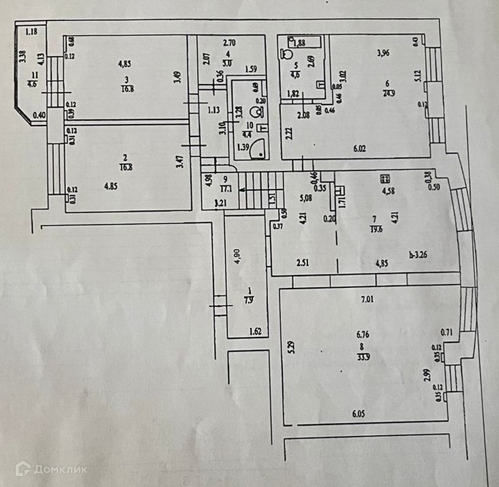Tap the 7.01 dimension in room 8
pyautogui.click(x=369, y=298)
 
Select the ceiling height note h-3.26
pyautogui.click(x=419, y=256)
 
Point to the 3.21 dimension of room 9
pyautogui.click(x=220, y=203)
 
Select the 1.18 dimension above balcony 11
pyautogui.click(x=31, y=30)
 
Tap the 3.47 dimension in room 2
pyautogui.click(x=179, y=163)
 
